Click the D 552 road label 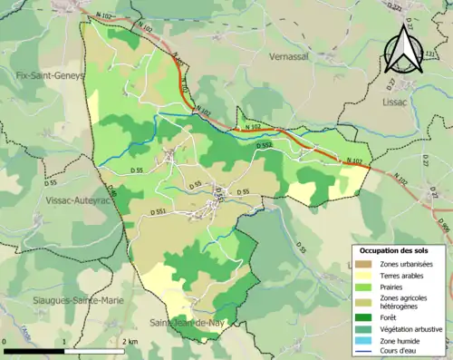point(264,145)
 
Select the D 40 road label point(113,191)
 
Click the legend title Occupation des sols point(397,249)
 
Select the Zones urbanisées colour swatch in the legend point(362,264)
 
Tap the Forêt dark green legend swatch point(362,317)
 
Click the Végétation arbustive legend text point(412,329)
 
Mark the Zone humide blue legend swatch point(362,341)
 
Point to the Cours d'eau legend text point(400,353)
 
